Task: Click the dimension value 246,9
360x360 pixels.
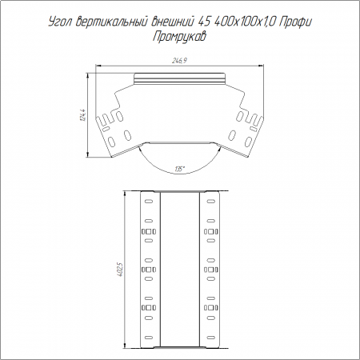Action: tap(179, 61)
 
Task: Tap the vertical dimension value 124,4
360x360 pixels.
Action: tap(83, 115)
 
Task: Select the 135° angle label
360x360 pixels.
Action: tap(180, 169)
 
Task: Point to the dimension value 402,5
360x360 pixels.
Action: tap(120, 270)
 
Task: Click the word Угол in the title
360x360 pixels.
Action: tap(60, 22)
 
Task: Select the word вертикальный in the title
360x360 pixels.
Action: tap(111, 22)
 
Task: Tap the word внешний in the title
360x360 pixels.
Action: tap(172, 22)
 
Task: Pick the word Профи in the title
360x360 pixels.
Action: tap(296, 22)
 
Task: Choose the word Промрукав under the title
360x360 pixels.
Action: tap(179, 37)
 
